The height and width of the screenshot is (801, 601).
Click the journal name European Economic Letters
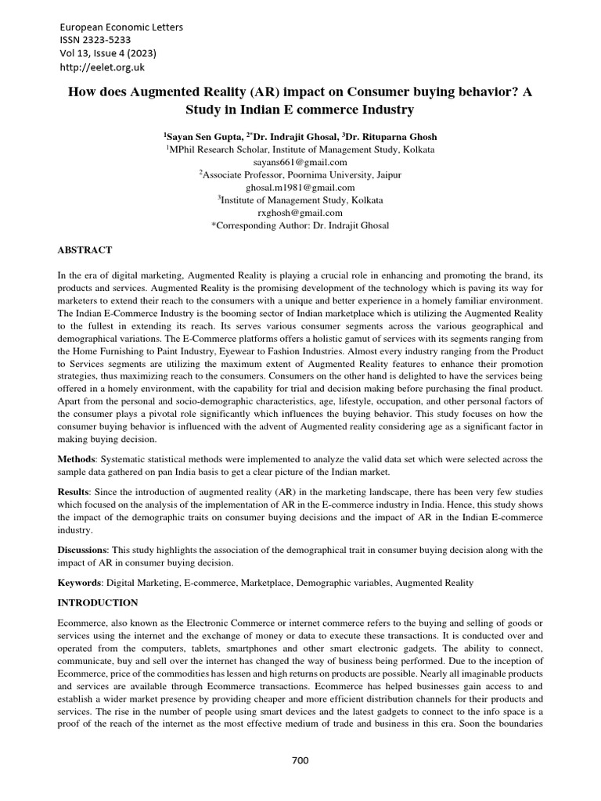pos(121,27)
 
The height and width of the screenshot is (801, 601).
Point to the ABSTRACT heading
pos(85,250)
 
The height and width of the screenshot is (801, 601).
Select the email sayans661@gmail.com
pos(300,162)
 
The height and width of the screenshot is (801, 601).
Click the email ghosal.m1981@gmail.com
pos(300,188)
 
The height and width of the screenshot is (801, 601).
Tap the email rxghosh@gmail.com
pos(300,213)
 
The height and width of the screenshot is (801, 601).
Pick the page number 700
pos(300,760)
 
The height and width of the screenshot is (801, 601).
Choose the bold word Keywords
pos(80,584)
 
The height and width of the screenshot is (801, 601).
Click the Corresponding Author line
pos(300,225)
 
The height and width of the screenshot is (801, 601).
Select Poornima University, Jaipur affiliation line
pos(300,174)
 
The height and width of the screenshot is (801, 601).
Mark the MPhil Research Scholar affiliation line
pos(300,149)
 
